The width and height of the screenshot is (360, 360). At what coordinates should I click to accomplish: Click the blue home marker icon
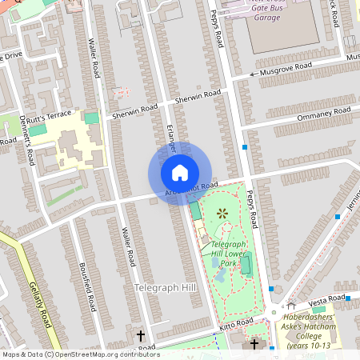point(180,173)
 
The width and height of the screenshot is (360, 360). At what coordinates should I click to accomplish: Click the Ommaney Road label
point(325,113)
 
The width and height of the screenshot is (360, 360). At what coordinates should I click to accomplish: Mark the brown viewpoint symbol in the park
point(222,213)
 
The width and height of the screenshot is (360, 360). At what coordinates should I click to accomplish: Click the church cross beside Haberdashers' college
point(254,344)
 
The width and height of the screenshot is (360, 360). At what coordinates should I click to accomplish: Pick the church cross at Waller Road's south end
point(142,336)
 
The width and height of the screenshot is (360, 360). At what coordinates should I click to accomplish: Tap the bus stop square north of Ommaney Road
point(244,147)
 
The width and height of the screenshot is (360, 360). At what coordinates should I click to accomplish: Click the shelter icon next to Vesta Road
point(290,305)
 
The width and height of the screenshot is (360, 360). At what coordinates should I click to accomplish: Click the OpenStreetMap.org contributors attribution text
point(105,354)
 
